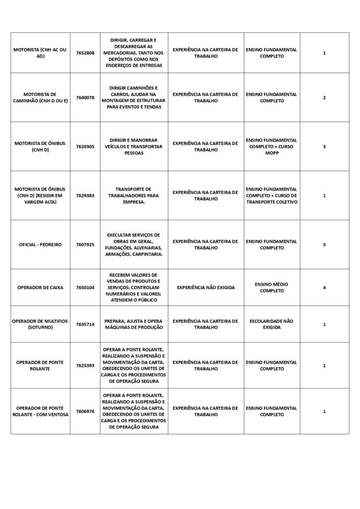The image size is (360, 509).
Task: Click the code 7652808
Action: point(85,53)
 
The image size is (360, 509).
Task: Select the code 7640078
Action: point(85,97)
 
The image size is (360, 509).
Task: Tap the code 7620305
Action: point(85,147)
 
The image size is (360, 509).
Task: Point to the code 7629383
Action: point(85,195)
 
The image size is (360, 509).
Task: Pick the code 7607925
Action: point(85,245)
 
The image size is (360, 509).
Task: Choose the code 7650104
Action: point(85,287)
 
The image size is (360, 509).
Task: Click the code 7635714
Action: point(85,324)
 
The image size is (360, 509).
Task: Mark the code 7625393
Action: point(85,365)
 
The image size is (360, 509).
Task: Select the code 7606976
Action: point(85,411)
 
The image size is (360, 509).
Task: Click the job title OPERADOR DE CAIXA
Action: point(40,287)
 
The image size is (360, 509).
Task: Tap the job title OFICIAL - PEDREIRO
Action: point(40,245)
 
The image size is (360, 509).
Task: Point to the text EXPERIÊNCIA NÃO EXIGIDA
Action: point(205,287)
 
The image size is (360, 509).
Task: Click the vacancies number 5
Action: point(324,245)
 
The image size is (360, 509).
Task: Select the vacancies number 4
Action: point(324,287)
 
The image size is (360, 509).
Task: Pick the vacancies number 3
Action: point(324,147)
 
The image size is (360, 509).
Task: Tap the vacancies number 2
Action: point(324,97)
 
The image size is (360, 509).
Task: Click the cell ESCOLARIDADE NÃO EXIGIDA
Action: point(271,324)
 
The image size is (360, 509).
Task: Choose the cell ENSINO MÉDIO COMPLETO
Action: point(271,287)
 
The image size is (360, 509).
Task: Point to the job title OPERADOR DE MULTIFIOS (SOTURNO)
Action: point(40,324)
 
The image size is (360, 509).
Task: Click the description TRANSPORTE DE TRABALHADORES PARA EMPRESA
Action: point(133,195)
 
